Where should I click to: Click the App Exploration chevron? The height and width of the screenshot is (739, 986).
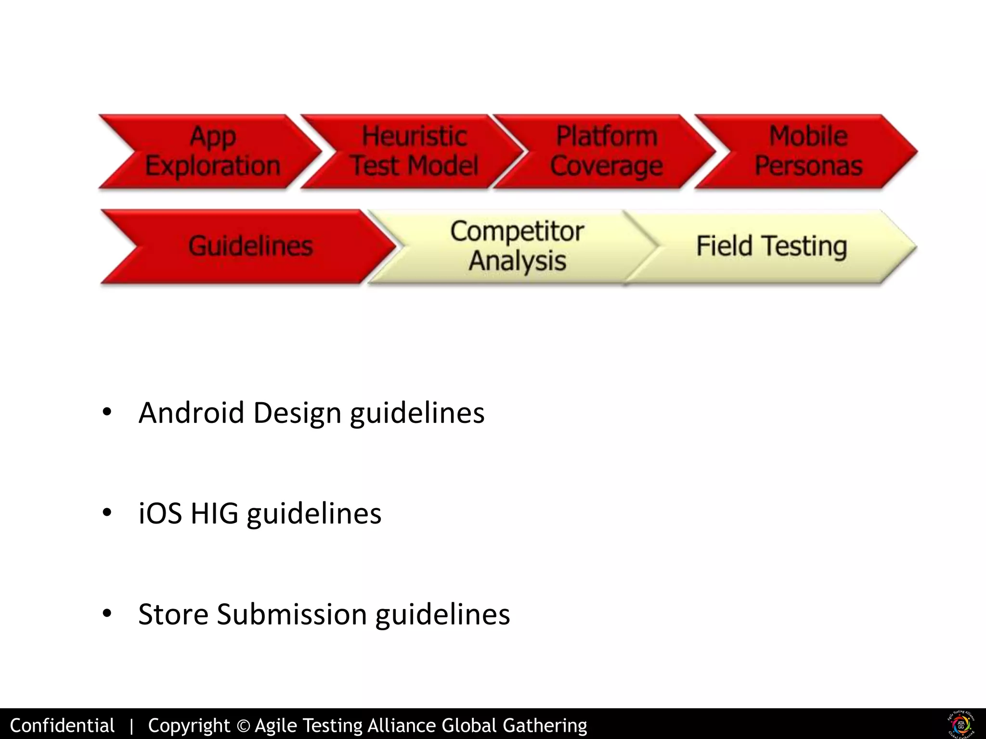(212, 151)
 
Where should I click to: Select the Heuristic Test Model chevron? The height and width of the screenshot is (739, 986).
(414, 151)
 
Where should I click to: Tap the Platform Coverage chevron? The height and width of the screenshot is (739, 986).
(607, 151)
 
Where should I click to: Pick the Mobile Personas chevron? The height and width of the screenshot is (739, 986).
(809, 151)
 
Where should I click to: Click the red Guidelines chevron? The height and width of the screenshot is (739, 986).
(250, 246)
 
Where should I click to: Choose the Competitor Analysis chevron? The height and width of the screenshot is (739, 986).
(518, 246)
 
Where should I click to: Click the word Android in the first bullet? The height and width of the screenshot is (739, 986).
(191, 413)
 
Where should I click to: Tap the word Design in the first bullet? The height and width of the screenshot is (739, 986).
(297, 413)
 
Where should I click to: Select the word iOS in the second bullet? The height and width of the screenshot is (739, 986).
(160, 513)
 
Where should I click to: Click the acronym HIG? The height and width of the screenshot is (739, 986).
(214, 513)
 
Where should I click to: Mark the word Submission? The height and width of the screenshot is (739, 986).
(292, 614)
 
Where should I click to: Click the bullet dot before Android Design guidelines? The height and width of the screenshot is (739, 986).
(107, 412)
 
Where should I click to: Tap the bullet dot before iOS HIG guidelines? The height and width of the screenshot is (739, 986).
(107, 513)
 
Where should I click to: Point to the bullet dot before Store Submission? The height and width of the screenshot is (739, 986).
(107, 613)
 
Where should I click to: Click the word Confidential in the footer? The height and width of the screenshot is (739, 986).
(62, 726)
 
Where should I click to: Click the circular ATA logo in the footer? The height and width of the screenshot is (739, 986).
(961, 724)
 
